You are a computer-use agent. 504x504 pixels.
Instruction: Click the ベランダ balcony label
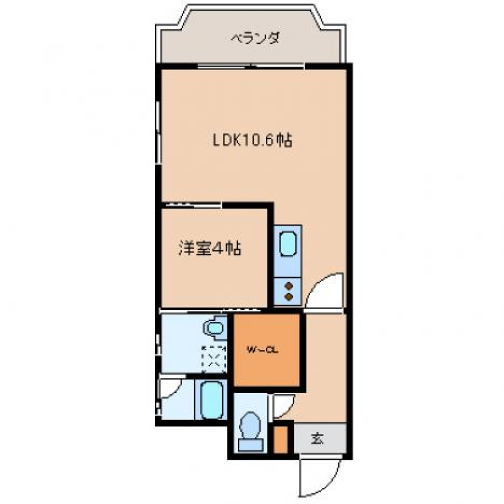click(x=255, y=38)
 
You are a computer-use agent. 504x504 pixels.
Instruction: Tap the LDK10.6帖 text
click(x=253, y=140)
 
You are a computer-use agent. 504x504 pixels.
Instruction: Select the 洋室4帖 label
click(x=210, y=249)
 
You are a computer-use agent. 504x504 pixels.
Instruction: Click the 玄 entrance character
click(x=318, y=438)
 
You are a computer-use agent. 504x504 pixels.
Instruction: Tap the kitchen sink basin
click(x=288, y=244)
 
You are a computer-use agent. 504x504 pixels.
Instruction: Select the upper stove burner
click(x=289, y=286)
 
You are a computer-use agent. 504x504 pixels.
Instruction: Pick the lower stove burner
click(x=289, y=297)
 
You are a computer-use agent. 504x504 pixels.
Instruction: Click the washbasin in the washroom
click(x=214, y=328)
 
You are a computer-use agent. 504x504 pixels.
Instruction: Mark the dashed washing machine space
click(x=214, y=359)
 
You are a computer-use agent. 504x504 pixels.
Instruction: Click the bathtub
click(x=212, y=400)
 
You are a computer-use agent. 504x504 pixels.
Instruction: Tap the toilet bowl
click(x=250, y=425)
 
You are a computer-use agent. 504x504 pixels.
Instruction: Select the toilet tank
click(x=251, y=445)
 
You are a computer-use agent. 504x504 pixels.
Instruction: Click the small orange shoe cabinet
click(x=281, y=440)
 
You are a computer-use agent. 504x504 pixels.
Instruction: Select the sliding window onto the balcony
click(x=251, y=67)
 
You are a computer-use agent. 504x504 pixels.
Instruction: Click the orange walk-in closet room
click(x=267, y=349)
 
